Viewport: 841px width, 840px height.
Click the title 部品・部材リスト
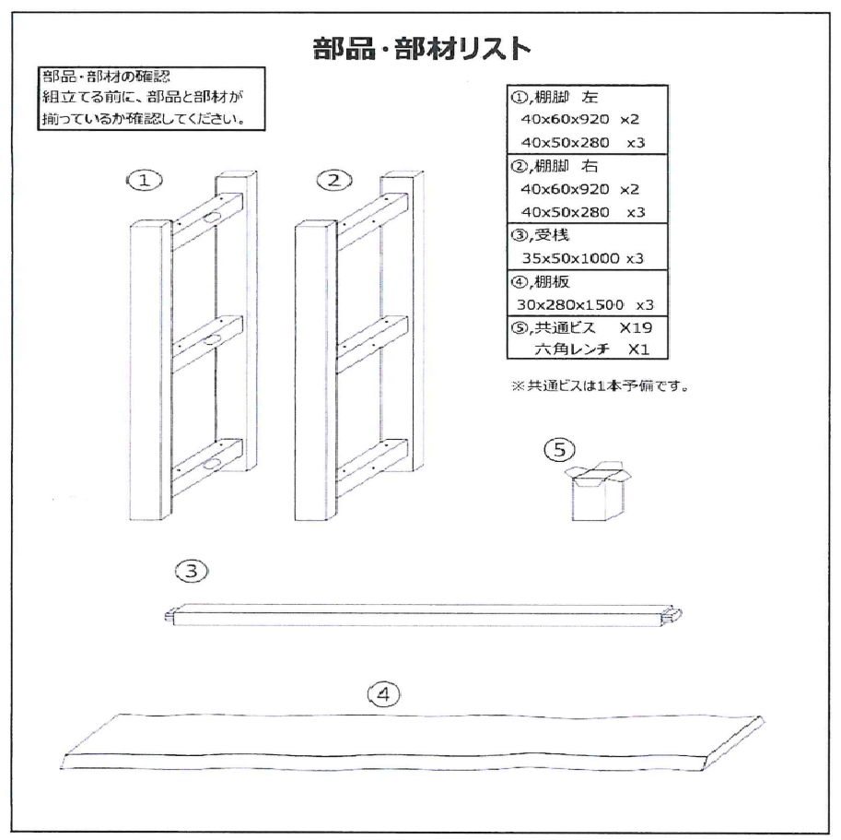click(x=422, y=49)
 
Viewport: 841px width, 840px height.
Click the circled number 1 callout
click(x=145, y=181)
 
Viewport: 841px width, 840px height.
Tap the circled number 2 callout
click(x=334, y=181)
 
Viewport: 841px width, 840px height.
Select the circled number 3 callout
click(x=192, y=571)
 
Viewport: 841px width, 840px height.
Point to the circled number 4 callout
click(x=383, y=694)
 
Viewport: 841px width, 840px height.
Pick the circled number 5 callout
click(x=559, y=449)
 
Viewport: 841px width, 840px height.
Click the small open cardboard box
click(x=598, y=491)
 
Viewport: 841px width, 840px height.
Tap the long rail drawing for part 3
click(x=423, y=615)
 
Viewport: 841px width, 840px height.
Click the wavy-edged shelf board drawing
click(x=412, y=742)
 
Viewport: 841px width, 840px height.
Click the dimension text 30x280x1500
click(x=570, y=305)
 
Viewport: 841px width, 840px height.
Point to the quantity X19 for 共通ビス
click(x=636, y=327)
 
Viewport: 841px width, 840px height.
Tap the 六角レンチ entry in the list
click(x=572, y=349)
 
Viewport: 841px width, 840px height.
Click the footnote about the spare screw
click(x=600, y=385)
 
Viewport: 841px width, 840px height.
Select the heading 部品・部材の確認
click(x=106, y=77)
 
